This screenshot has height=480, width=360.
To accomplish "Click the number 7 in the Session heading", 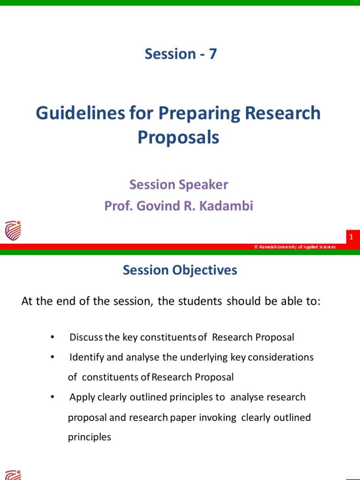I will pos(212,54).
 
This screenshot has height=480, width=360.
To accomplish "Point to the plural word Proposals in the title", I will pos(178,137).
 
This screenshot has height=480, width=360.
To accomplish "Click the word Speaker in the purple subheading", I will pos(204,185).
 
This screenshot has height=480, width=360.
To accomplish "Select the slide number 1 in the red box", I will pos(351,238).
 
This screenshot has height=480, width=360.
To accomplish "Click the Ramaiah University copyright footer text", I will pos(295,247).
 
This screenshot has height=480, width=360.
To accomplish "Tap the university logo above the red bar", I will pos(13,231).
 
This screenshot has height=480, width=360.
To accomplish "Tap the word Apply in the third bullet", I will pos(82,397).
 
